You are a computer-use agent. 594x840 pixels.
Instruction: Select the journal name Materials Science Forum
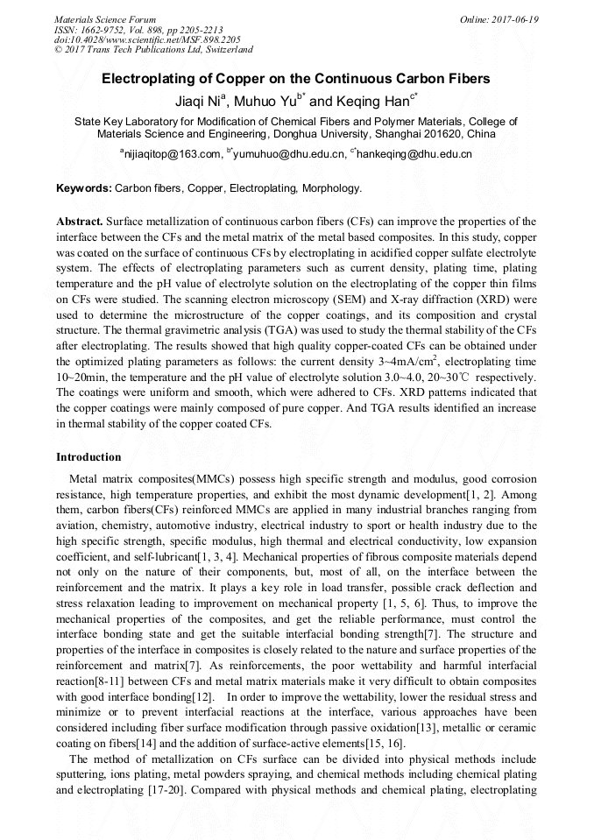pos(105,19)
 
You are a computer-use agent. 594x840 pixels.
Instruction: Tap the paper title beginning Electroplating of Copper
pos(296,79)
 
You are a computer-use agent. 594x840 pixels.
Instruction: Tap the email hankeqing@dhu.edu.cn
pos(414,154)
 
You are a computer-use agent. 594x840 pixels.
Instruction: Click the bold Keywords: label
pos(84,188)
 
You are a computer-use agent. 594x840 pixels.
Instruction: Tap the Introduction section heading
pos(88,457)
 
